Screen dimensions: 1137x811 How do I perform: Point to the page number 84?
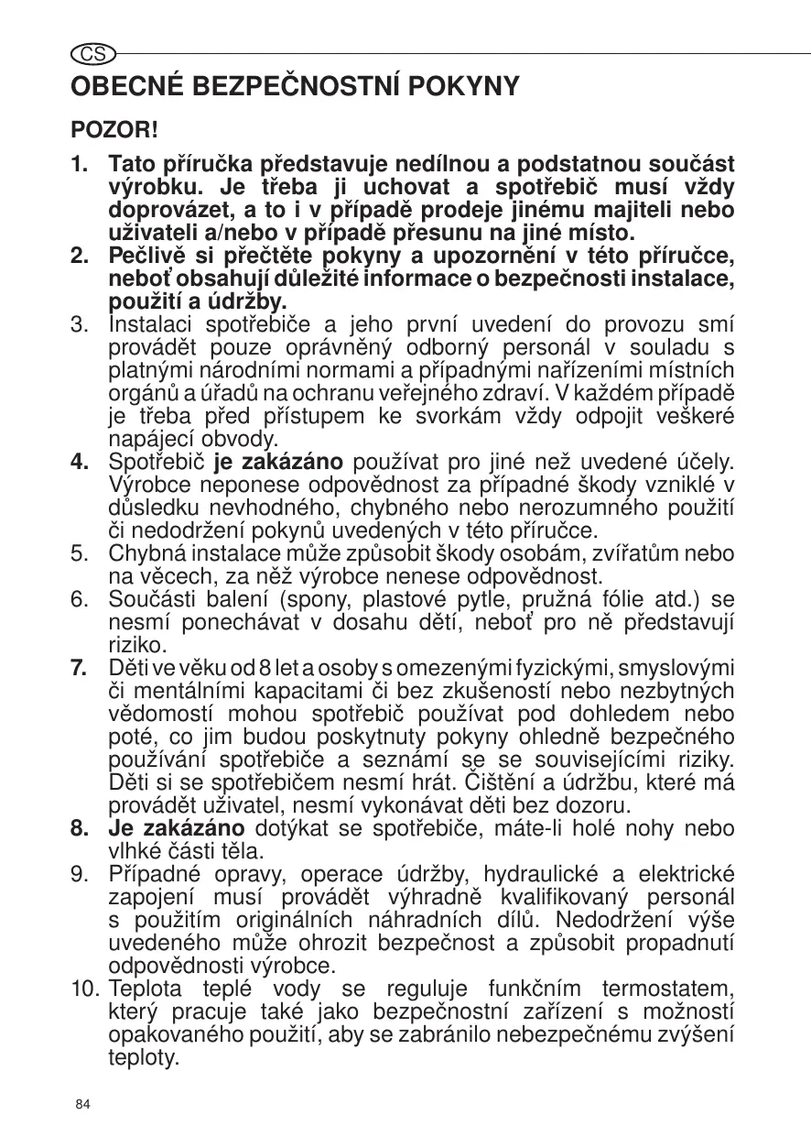(83, 1104)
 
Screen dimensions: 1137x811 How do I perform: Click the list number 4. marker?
(81, 460)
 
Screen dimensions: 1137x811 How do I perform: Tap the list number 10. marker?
(85, 989)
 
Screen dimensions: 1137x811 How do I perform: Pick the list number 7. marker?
(81, 667)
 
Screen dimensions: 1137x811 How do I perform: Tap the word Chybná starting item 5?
(143, 552)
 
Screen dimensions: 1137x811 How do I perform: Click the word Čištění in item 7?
(505, 783)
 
